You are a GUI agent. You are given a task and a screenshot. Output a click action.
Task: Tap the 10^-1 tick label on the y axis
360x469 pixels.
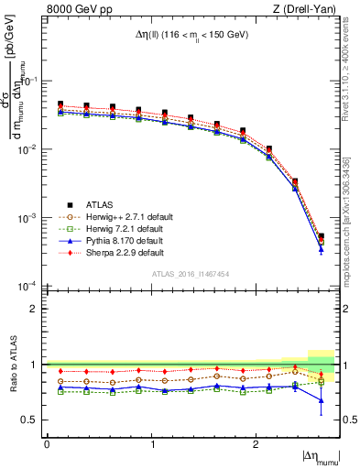(30, 81)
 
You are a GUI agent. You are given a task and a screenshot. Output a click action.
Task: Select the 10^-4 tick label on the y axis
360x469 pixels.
(30, 287)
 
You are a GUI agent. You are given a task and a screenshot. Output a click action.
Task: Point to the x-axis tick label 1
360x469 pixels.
(151, 443)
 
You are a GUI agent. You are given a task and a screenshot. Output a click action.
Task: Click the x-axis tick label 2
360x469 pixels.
(256, 443)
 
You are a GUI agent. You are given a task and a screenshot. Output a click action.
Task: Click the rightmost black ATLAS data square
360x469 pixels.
(321, 236)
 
